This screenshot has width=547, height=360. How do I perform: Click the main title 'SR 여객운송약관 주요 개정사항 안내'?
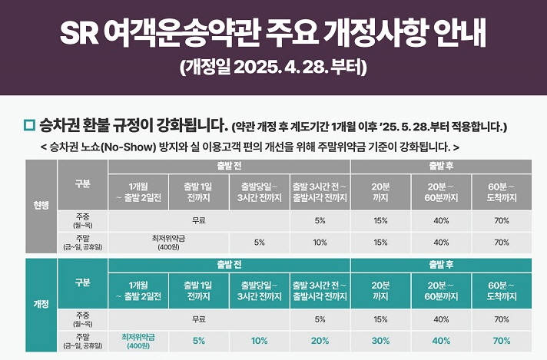273,32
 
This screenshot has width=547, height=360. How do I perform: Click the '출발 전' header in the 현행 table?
229,166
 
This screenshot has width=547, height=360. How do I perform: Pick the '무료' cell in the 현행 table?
197,221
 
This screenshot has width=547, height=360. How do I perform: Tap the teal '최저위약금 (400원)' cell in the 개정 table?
138,340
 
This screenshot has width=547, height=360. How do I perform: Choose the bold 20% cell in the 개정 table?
320,340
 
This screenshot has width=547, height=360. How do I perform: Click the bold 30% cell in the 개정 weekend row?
380,340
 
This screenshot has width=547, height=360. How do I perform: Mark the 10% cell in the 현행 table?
320,242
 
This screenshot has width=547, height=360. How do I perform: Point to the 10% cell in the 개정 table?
259,340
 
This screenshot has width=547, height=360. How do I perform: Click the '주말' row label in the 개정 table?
82,340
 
